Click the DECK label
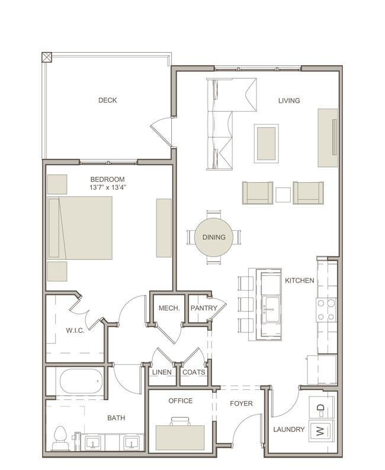[x=107, y=100]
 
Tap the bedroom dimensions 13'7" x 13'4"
[x=108, y=188]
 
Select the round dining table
[x=214, y=237]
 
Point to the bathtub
[x=81, y=380]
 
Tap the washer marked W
[x=322, y=431]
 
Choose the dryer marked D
[x=322, y=407]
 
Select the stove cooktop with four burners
[x=326, y=310]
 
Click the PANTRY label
[x=204, y=308]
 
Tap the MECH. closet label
[x=169, y=308]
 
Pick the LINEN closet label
[x=162, y=372]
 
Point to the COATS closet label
[x=194, y=372]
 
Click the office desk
[x=181, y=437]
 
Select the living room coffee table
[x=266, y=144]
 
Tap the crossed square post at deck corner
[x=47, y=57]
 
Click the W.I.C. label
[x=75, y=331]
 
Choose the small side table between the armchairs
[x=283, y=195]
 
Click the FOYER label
[x=241, y=404]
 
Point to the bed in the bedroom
[x=80, y=228]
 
